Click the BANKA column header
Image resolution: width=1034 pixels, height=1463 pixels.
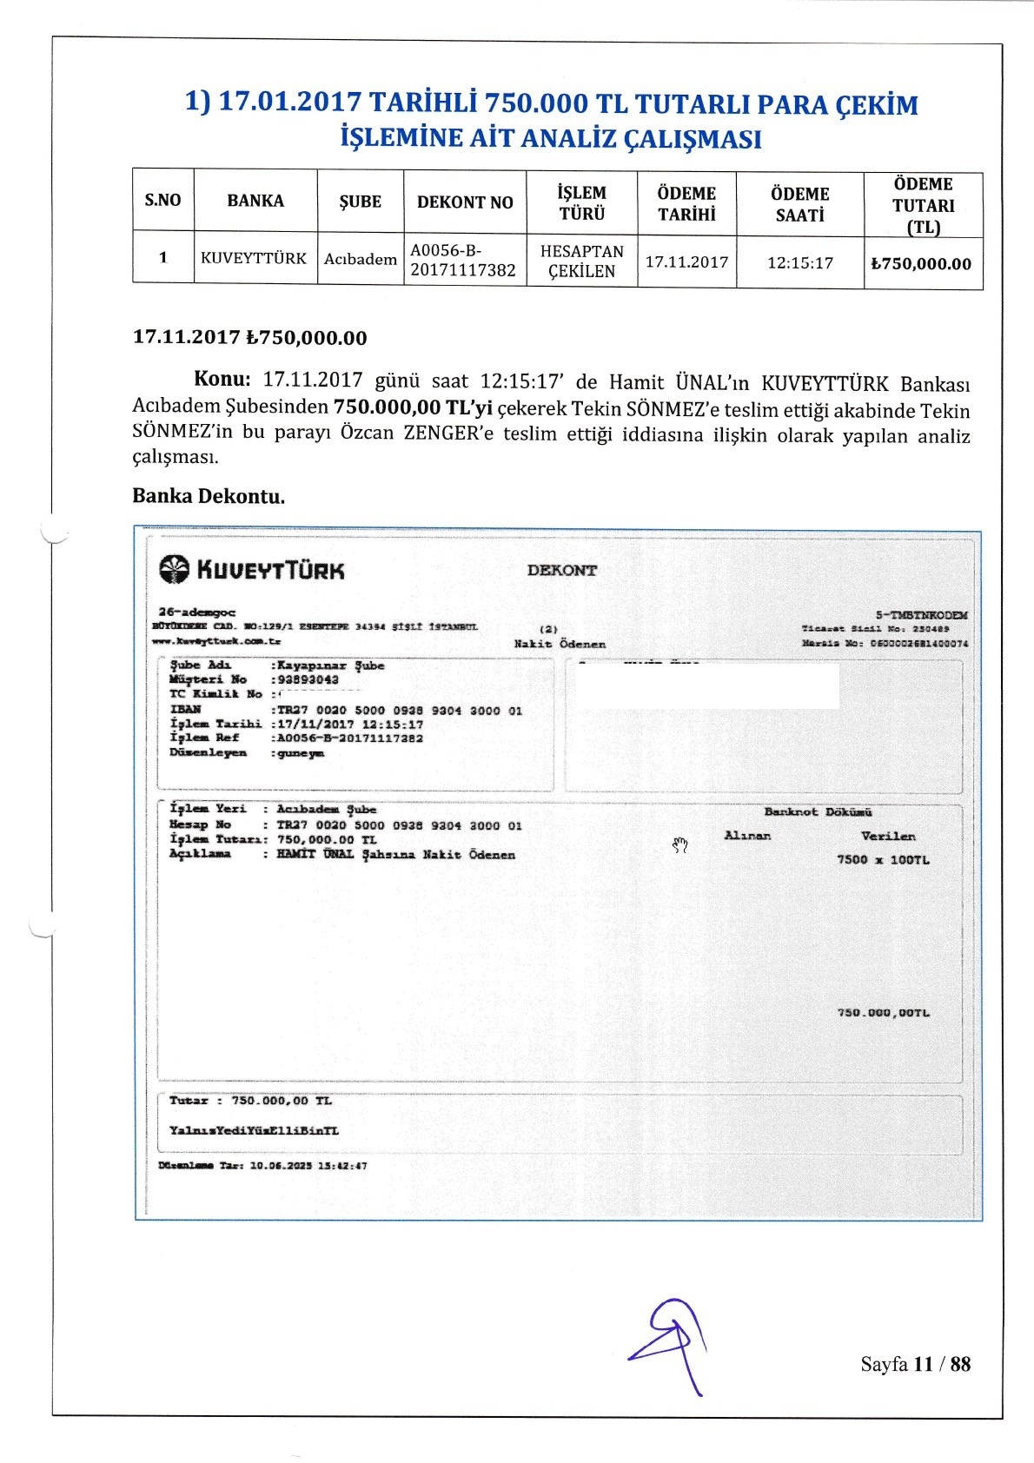tap(255, 201)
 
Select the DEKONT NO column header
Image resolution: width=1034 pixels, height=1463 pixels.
tap(465, 202)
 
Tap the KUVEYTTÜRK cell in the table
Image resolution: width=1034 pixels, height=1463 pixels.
tap(254, 258)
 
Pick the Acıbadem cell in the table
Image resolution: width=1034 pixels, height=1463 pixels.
tap(360, 259)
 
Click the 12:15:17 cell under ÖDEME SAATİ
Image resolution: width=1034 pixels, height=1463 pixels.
tap(799, 262)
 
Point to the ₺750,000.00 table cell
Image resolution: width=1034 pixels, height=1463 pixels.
tap(922, 264)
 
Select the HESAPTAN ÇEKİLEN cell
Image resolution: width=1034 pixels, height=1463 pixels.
tap(581, 261)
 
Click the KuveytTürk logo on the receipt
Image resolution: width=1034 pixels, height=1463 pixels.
tap(252, 570)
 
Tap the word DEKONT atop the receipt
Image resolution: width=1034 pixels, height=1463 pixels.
tap(561, 570)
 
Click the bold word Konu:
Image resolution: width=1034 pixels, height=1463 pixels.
tap(222, 380)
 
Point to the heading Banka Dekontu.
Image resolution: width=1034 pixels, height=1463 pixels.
tap(209, 496)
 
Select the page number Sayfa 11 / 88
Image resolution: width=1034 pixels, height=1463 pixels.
tap(915, 1363)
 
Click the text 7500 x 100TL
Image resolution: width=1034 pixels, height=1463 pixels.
tap(882, 859)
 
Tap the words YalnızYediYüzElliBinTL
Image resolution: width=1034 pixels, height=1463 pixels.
tap(254, 1130)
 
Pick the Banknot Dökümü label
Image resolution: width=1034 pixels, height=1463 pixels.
tap(818, 812)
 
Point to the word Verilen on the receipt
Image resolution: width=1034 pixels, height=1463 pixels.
tap(887, 836)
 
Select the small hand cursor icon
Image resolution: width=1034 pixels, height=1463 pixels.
tap(680, 844)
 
